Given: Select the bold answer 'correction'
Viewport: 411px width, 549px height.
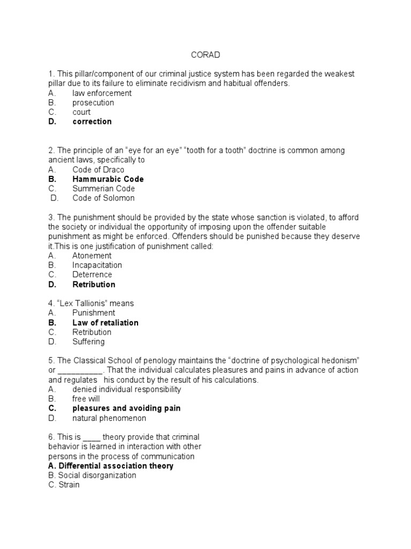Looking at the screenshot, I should click(92, 122).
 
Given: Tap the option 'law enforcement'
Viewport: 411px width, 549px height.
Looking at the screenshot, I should click(102, 93).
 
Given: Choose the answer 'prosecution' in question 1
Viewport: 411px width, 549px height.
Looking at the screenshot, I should click(93, 102).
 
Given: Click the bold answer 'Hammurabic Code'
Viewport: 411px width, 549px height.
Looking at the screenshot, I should click(108, 179).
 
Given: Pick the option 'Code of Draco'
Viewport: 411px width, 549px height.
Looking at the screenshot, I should click(98, 170).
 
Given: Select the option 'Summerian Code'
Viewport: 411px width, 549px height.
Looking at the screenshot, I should click(104, 189).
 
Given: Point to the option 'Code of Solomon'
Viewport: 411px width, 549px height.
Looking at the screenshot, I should click(104, 198).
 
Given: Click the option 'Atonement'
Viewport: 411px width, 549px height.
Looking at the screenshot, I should click(92, 256).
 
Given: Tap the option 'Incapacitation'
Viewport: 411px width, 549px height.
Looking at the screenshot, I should click(97, 265).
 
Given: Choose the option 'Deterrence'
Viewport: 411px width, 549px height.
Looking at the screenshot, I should click(92, 275).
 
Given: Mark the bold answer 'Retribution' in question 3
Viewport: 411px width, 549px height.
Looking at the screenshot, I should click(94, 285).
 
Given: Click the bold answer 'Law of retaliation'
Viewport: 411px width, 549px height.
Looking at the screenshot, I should click(105, 323).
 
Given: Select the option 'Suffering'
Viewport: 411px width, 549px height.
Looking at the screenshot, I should click(89, 342).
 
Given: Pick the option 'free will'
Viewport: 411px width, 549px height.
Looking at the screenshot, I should click(86, 399).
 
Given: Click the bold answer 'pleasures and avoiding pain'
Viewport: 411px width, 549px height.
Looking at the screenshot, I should click(126, 409).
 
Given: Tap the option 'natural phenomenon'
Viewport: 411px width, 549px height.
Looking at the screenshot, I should click(109, 418).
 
